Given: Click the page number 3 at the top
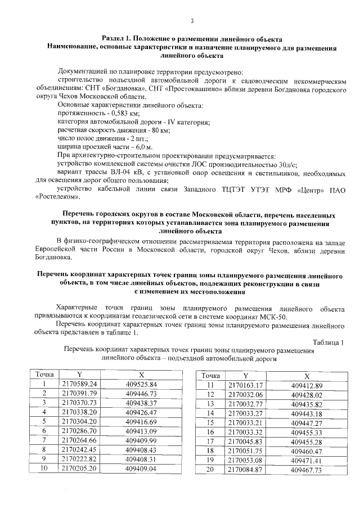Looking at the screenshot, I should tap(192, 21).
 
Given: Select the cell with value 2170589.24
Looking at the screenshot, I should tap(79, 384).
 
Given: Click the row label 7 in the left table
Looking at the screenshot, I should tap(44, 439).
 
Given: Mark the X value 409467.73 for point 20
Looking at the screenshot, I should tap(307, 469).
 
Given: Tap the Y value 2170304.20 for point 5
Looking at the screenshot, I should tap(79, 421).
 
